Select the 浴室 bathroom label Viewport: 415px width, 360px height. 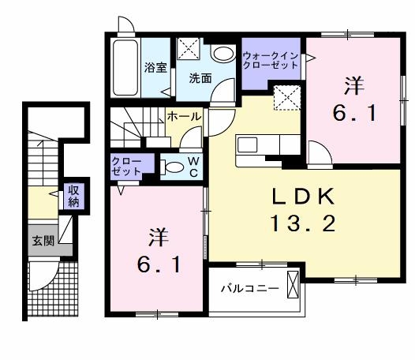[x=155, y=69]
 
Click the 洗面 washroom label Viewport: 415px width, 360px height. [x=200, y=78]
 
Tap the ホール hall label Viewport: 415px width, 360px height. [x=184, y=115]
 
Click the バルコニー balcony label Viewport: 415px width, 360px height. [x=249, y=289]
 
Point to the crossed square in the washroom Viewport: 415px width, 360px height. [x=189, y=51]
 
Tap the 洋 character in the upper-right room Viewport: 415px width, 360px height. [x=352, y=83]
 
